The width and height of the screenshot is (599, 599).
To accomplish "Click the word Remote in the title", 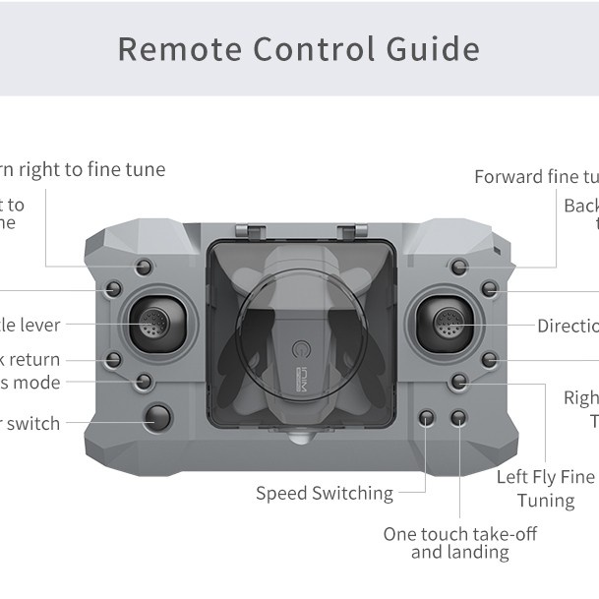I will [x=180, y=49].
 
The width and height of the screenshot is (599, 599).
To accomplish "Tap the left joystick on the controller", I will [x=154, y=321].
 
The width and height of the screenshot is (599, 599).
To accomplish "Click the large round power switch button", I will [x=157, y=418].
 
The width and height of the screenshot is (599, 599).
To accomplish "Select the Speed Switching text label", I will [x=324, y=494].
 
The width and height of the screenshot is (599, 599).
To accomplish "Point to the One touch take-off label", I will [x=460, y=534].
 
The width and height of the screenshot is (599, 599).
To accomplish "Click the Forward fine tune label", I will [x=536, y=177].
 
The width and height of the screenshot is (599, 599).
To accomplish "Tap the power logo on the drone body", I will [x=302, y=349].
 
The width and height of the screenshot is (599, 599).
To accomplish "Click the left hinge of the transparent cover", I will [x=253, y=233].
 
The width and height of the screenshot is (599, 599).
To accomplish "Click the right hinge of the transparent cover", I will [x=345, y=233].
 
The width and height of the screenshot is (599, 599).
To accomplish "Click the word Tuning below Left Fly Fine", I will [x=546, y=501].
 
